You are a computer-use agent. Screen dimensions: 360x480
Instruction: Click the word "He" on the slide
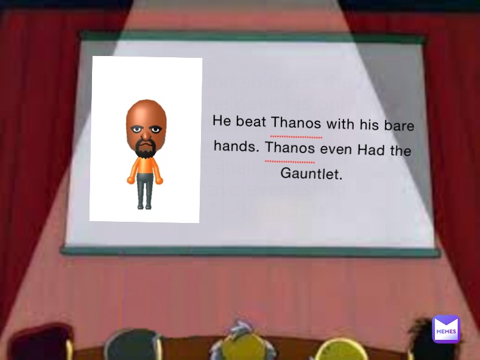[222, 120]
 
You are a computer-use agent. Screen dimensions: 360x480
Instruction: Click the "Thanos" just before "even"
[291, 148]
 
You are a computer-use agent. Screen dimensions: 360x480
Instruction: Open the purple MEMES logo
[446, 330]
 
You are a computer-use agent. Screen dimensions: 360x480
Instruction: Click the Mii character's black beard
[145, 148]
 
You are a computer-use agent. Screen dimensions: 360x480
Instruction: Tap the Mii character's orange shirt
[144, 167]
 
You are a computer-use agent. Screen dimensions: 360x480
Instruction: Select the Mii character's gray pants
[144, 190]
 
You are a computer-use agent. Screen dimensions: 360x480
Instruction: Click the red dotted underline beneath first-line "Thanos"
[296, 137]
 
